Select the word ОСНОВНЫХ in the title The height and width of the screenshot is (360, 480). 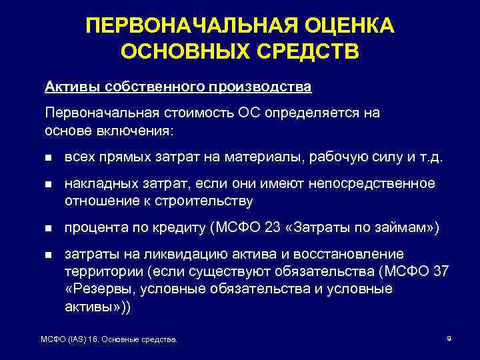pyautogui.click(x=174, y=51)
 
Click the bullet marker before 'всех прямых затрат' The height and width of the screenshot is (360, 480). pyautogui.click(x=49, y=159)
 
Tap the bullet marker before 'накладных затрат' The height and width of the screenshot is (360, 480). pyautogui.click(x=49, y=183)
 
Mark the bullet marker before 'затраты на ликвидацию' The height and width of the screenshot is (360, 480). pyautogui.click(x=49, y=255)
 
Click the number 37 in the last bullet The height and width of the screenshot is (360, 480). pyautogui.click(x=441, y=272)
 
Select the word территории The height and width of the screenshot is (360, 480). pyautogui.click(x=97, y=272)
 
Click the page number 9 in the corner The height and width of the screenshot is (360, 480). pyautogui.click(x=449, y=339)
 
